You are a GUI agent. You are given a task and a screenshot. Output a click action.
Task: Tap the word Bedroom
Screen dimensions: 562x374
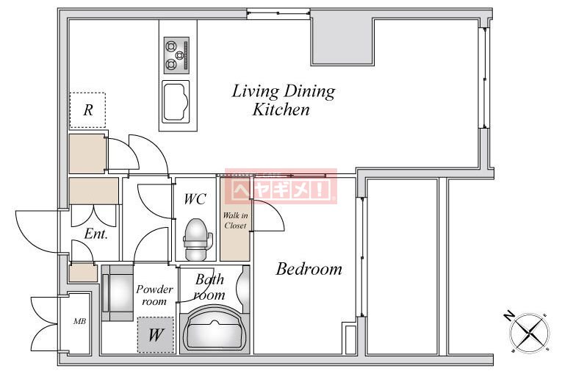point(309,269)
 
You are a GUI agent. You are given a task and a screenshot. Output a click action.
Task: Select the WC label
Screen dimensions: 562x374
point(195,199)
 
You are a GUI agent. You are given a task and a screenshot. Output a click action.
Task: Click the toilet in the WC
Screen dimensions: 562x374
point(196,239)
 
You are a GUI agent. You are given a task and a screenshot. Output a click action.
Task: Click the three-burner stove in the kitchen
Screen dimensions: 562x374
point(176,55)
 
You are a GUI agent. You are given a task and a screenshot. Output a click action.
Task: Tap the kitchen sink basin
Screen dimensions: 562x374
point(176,101)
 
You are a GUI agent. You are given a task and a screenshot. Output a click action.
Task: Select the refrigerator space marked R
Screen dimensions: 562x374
point(87,110)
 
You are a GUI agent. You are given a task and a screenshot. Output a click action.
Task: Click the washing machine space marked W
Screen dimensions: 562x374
point(156,335)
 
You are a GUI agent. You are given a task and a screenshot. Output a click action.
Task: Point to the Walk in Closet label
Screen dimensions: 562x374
point(235,220)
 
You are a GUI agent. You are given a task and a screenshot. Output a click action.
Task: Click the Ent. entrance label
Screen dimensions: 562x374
point(96,234)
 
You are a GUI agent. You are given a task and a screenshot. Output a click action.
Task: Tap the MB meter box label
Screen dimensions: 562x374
point(79,321)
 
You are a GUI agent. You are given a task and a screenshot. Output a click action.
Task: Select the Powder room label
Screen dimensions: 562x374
point(154,295)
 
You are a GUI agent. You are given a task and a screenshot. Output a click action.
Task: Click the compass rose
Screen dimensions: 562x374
point(530,333)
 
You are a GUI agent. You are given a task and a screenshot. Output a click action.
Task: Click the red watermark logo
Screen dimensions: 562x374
point(281,186)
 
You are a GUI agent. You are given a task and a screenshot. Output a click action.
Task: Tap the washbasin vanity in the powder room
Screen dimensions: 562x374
point(118,293)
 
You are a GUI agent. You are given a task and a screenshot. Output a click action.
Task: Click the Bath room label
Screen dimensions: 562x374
point(209,287)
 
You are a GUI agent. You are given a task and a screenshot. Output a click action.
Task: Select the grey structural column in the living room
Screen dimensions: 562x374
point(342,42)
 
